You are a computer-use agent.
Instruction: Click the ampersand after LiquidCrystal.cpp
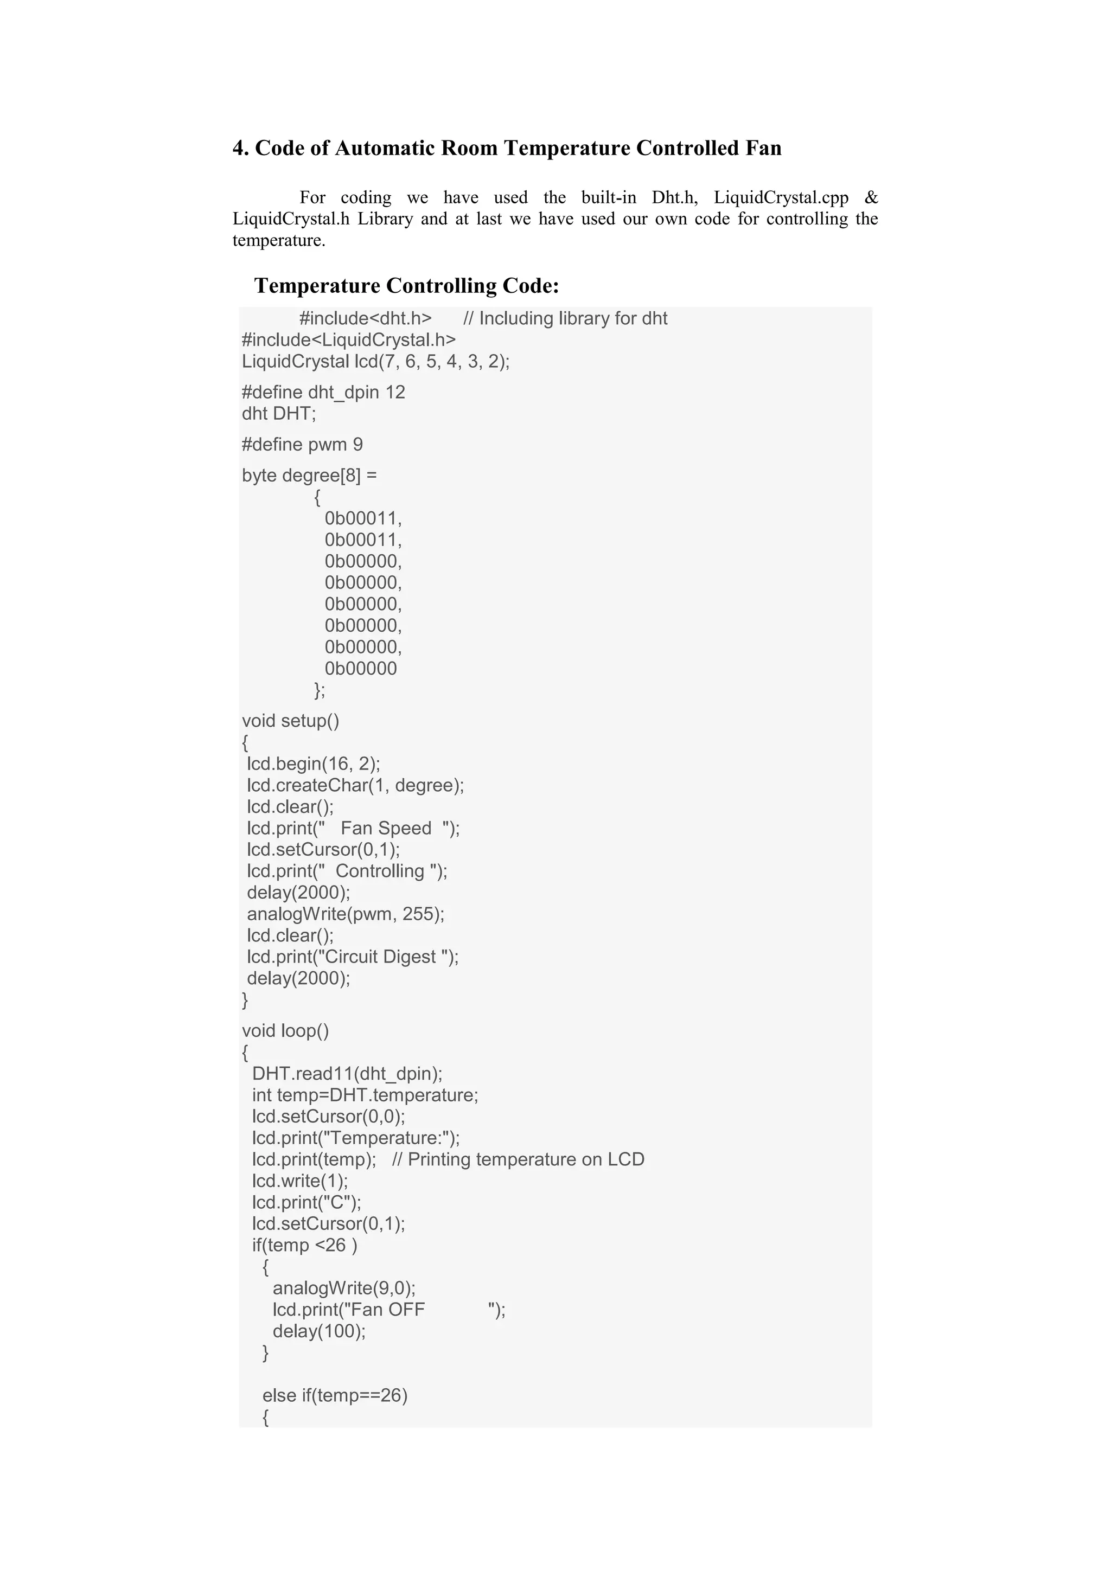(x=871, y=198)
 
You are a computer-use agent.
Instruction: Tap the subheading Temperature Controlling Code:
(x=407, y=285)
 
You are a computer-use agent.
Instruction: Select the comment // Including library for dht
(x=565, y=319)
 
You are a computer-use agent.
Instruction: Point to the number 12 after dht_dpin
(x=395, y=392)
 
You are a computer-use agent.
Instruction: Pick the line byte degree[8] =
(x=309, y=476)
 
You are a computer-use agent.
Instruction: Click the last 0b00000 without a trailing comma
(x=360, y=669)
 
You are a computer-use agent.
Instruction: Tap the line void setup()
(x=290, y=721)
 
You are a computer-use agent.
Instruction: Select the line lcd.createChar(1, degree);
(x=355, y=785)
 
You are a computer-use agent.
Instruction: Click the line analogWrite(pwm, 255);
(x=346, y=914)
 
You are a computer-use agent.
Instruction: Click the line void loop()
(x=285, y=1031)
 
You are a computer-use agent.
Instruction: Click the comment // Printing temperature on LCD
(x=518, y=1160)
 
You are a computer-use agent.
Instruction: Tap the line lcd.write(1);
(x=300, y=1181)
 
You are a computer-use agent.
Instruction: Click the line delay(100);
(x=319, y=1331)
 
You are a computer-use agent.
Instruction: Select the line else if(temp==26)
(x=335, y=1396)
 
